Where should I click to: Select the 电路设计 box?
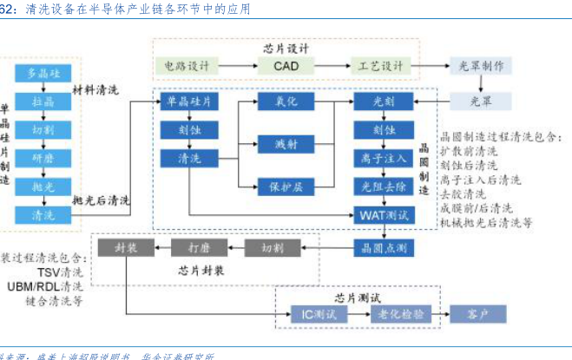tap(187, 66)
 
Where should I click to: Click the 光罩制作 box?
tap(481, 66)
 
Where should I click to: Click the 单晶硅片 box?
tap(187, 101)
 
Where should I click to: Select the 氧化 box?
tap(286, 101)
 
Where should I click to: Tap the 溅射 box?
tap(286, 143)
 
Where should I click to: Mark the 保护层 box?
tap(286, 186)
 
